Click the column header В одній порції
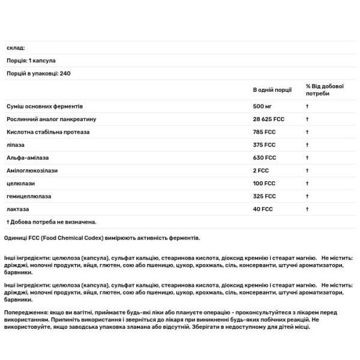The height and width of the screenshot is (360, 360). pos(272,89)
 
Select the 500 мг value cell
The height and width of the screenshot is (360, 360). pos(262,106)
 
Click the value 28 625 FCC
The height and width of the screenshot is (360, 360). pos(269,119)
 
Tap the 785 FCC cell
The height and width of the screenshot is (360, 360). pos(264,131)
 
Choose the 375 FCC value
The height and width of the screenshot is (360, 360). pos(264,145)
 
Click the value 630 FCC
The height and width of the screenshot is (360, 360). pos(264,157)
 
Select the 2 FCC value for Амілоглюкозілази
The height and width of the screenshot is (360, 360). pos(261,170)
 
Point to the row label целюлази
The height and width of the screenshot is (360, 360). pos(19,183)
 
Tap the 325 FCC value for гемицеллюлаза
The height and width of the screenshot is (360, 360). pos(264,196)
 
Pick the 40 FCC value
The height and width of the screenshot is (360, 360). pos(262,208)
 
